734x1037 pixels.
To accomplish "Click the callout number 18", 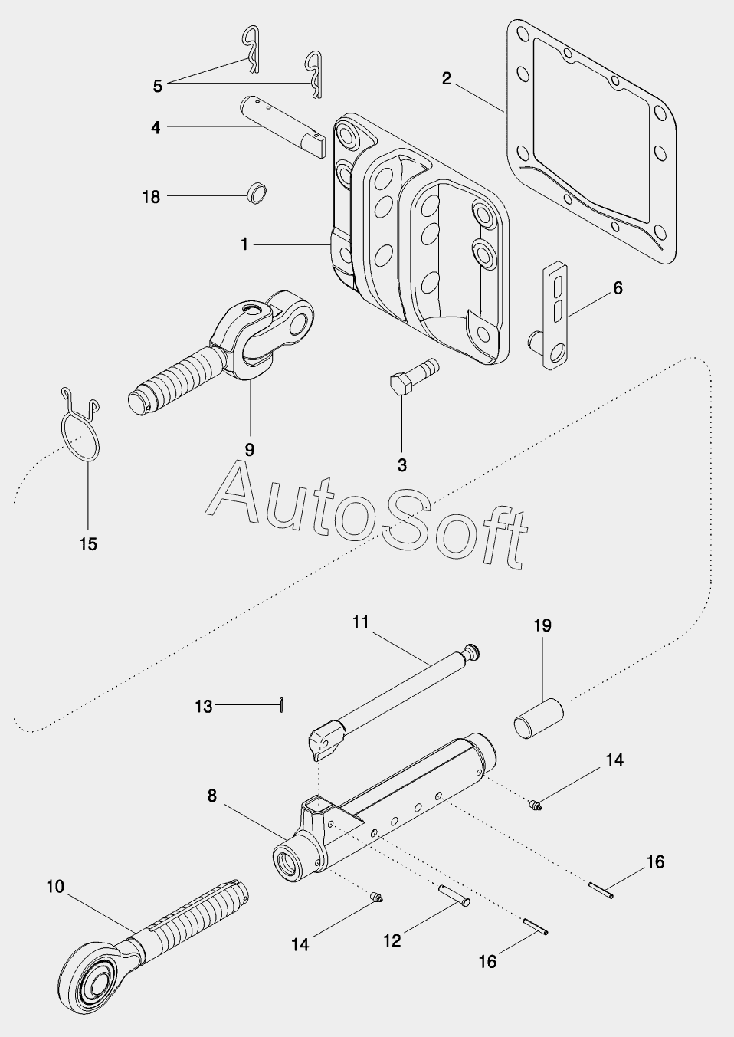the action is point(151,197).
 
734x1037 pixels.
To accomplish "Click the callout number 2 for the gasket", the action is point(446,78).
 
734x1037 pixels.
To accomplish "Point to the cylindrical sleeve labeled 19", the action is point(539,718).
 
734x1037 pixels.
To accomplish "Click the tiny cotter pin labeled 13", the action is point(281,704).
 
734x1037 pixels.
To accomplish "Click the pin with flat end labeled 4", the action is point(283,126).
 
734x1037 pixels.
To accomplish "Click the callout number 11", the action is point(361,622).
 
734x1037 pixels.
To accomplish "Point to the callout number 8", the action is point(211,796).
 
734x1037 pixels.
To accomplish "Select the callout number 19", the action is point(543,625).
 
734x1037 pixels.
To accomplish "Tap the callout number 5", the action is point(158,86).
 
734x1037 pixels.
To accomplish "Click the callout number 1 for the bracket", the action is point(244,244).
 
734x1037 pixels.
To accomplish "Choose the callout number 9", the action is point(250,449).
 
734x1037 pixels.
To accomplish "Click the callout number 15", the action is point(88,544).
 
